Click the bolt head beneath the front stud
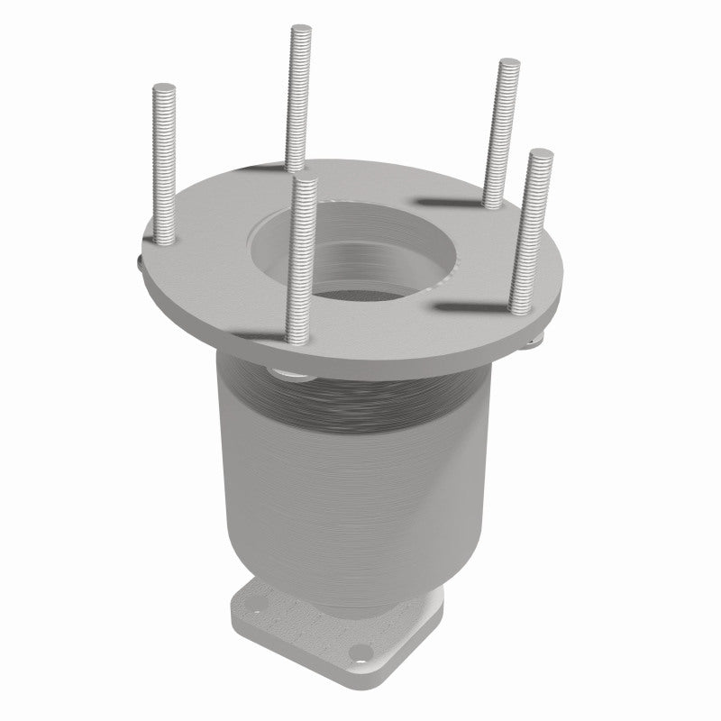[290, 372]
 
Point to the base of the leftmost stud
[167, 240]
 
